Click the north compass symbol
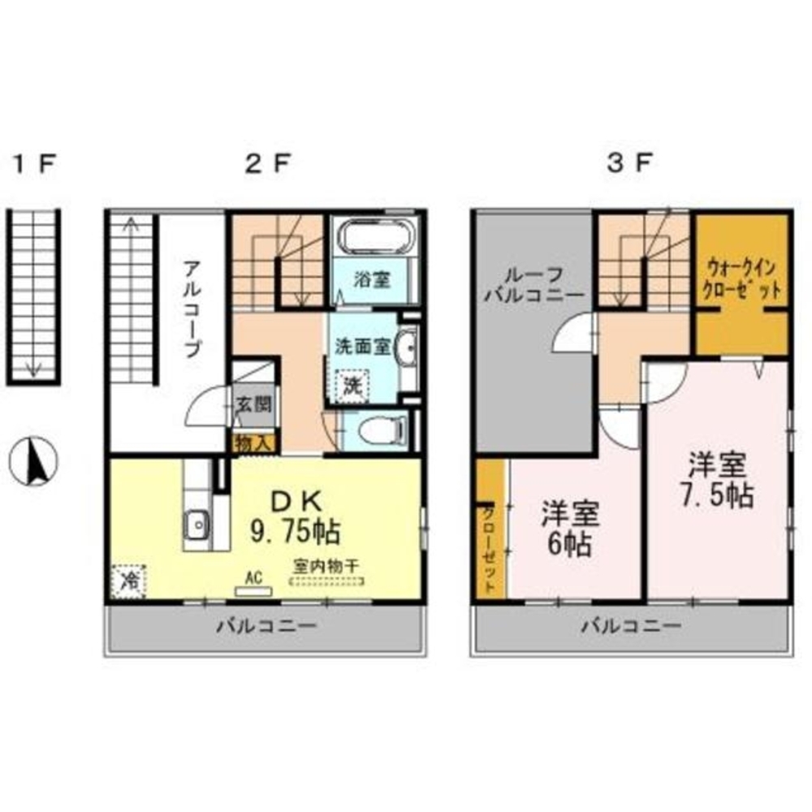[33, 461]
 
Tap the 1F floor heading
[34, 164]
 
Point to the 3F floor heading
[628, 164]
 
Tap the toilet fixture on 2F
[382, 430]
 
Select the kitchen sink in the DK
[197, 524]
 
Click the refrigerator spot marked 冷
[128, 581]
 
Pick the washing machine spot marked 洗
[352, 385]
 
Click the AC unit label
[253, 577]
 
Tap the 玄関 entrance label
[253, 404]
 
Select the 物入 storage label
[253, 443]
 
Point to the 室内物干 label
[326, 565]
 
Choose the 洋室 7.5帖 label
[717, 480]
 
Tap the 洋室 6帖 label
[570, 528]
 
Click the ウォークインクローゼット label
[741, 279]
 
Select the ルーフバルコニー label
[533, 284]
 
